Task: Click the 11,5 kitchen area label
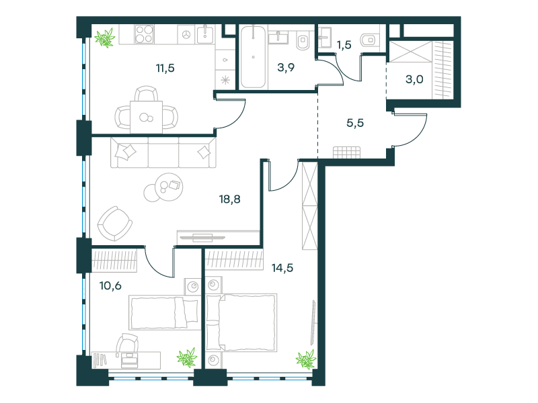(165, 69)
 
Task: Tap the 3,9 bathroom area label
(286, 68)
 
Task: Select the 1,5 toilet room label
(344, 45)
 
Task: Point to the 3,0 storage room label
(414, 79)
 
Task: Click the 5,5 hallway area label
(355, 123)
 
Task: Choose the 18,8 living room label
(229, 199)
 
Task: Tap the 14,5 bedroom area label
(282, 267)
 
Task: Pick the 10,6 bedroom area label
(110, 285)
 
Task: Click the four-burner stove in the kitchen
(144, 34)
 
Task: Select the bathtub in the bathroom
(254, 57)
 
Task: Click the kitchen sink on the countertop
(205, 34)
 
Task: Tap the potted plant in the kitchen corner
(105, 38)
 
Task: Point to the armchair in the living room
(114, 224)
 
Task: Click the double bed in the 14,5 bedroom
(241, 322)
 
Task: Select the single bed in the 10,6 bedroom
(165, 312)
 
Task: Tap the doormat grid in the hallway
(346, 152)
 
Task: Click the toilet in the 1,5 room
(369, 40)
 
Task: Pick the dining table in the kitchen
(146, 117)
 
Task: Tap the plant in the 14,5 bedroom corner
(306, 359)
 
